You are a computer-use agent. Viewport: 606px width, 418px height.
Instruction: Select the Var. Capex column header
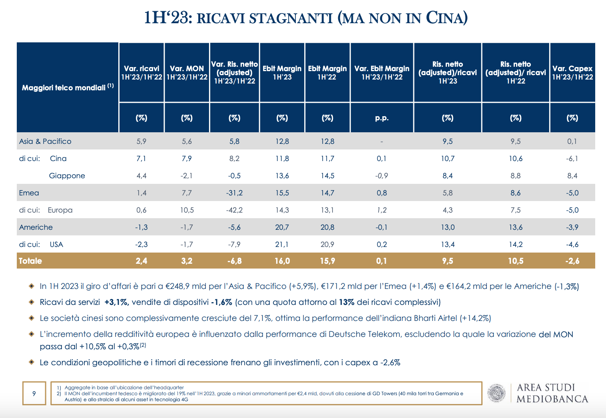click(572, 72)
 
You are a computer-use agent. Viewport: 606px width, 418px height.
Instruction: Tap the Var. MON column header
click(187, 72)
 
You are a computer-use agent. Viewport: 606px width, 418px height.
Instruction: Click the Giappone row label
click(67, 176)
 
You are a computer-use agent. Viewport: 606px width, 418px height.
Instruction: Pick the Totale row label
click(30, 261)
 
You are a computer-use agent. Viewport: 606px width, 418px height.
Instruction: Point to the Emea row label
click(29, 193)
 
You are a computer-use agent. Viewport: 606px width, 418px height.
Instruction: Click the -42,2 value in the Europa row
click(234, 210)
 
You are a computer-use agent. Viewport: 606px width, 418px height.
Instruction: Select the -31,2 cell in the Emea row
click(234, 193)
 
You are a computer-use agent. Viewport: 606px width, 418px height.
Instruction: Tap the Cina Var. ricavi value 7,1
click(141, 158)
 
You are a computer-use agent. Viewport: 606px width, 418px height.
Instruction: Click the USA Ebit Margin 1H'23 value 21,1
click(282, 245)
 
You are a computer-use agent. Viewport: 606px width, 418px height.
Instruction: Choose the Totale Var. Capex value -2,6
click(572, 261)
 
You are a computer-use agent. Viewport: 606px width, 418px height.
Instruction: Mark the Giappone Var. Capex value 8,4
click(572, 176)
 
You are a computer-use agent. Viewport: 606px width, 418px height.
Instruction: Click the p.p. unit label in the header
click(382, 118)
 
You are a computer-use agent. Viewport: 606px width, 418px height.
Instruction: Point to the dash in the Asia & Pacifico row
click(382, 141)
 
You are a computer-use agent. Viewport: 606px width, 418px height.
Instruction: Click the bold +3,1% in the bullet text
click(116, 302)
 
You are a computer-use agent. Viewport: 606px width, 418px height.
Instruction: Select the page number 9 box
click(34, 393)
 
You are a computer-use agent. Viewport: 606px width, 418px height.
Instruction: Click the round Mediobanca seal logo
click(496, 393)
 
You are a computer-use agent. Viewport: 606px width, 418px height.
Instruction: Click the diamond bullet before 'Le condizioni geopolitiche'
click(32, 362)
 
